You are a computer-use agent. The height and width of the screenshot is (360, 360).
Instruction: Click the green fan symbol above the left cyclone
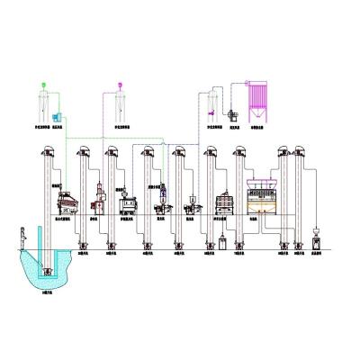point(43,86)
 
